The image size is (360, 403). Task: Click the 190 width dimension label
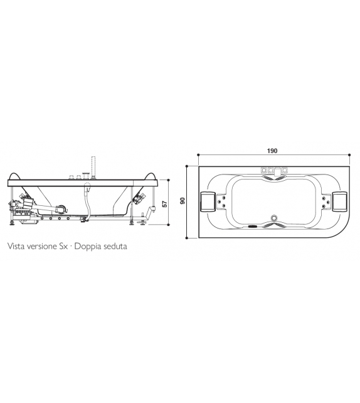click(x=272, y=151)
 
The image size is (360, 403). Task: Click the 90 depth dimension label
click(x=183, y=201)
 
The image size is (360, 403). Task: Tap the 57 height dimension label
click(x=164, y=204)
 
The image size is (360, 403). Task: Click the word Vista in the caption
click(x=16, y=247)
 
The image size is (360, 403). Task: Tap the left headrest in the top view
click(x=209, y=201)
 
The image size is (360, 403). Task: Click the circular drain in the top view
click(x=273, y=219)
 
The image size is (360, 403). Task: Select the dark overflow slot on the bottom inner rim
click(x=253, y=227)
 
